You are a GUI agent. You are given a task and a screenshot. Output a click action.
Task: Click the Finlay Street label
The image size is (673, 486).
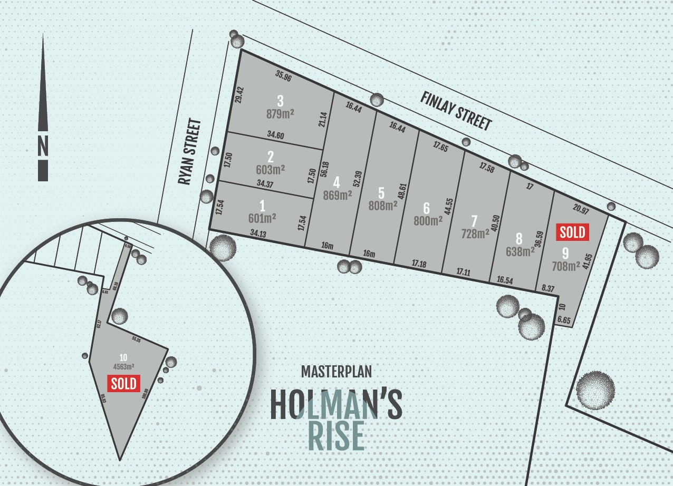click(x=456, y=111)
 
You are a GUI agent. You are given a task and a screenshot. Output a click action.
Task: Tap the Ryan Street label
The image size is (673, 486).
click(x=190, y=152)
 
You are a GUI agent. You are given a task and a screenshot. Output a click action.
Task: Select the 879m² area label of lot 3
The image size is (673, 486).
click(x=280, y=113)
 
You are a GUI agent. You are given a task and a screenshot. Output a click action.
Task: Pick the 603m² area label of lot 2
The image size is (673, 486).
click(x=271, y=170)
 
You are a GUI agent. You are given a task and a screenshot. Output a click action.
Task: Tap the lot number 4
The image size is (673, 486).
click(x=336, y=182)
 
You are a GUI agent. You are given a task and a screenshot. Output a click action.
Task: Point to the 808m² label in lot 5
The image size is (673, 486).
click(x=383, y=206)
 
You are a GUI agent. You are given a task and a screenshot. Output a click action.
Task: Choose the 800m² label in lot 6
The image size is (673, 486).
click(x=428, y=221)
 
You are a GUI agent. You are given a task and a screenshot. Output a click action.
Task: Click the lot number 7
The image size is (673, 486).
click(x=474, y=220)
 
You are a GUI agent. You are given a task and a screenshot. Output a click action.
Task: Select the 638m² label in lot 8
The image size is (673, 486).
click(x=520, y=251)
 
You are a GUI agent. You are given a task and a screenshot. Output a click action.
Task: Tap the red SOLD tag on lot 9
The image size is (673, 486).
click(x=573, y=231)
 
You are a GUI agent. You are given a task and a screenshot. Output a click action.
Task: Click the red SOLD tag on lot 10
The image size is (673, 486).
click(x=123, y=383)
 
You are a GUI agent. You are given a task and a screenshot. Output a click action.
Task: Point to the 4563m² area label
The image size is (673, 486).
click(x=123, y=366)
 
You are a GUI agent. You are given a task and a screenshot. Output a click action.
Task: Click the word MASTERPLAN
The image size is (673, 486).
click(x=336, y=371)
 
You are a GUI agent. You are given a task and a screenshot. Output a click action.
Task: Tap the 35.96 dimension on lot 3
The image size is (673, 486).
click(x=283, y=76)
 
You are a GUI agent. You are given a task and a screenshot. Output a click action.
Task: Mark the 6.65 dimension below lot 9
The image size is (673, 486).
click(x=563, y=319)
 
